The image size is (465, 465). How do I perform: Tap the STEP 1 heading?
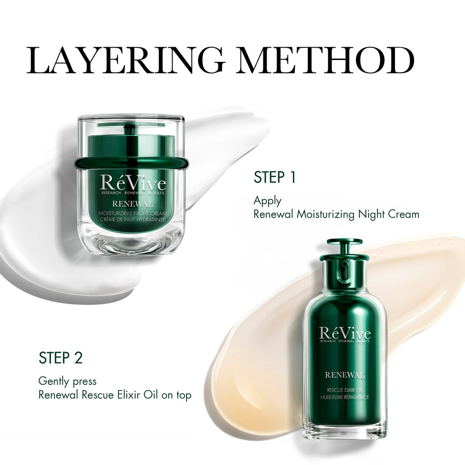pos(275,178)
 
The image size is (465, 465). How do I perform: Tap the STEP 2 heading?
pos(60,358)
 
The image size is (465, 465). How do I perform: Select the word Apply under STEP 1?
pos(267,201)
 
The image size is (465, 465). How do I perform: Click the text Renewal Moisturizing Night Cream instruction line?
pos(336,214)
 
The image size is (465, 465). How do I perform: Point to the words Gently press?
pos(67,381)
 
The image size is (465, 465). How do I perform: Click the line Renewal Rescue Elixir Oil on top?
pos(115,395)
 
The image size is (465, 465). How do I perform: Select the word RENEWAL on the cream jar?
pos(133,204)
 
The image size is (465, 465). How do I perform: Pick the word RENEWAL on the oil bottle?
pos(345,375)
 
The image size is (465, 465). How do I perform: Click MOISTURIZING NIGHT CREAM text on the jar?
pos(133,213)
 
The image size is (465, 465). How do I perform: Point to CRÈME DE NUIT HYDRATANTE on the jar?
pos(133,219)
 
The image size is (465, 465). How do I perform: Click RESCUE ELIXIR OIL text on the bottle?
pos(345,390)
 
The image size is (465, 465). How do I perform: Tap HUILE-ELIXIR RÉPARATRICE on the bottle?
pos(345,397)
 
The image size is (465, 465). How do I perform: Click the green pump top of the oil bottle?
pos(344,247)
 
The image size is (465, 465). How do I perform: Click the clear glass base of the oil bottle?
pos(345,430)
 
